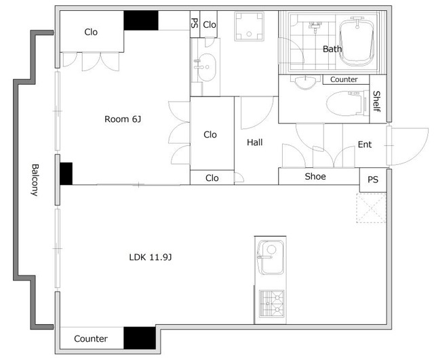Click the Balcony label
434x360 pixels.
35,180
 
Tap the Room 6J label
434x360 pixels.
123,119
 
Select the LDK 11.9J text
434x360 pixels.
151,258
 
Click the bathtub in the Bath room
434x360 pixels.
357,42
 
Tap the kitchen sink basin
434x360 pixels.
271,258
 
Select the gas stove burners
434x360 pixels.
271,304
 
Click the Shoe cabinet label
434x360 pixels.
315,176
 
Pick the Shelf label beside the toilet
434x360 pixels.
377,101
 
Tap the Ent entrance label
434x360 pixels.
365,144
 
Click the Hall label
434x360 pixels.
255,142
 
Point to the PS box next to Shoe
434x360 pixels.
373,180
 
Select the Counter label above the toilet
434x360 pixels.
344,79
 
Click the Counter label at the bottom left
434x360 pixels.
91,339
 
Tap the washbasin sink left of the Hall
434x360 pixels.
206,67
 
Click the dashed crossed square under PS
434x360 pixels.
371,208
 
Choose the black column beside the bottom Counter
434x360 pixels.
140,338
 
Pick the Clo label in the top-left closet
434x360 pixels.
91,32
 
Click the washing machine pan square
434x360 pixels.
249,26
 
